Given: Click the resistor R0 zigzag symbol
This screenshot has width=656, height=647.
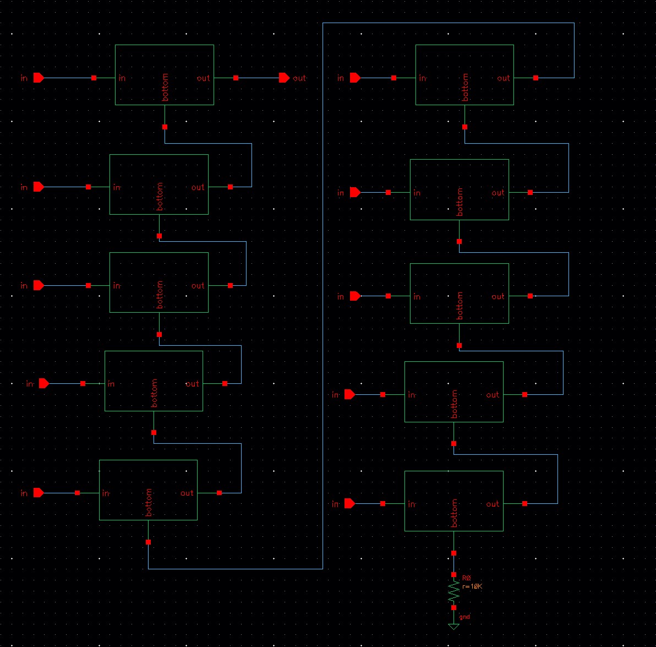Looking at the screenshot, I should coord(453,591).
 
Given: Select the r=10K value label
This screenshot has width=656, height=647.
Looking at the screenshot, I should coord(472,586).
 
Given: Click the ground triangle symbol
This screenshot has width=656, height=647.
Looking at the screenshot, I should coord(453,627).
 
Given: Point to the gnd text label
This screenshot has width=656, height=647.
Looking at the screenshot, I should coord(464,617).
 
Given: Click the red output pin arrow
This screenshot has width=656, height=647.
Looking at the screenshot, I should coord(283,78).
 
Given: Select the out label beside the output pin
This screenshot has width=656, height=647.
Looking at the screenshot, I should coord(299,78).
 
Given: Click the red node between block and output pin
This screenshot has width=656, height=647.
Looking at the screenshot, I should coord(236,78).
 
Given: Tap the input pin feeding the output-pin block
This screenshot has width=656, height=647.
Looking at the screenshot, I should coord(39,78).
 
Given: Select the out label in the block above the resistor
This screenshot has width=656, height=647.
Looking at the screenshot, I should coord(493,504).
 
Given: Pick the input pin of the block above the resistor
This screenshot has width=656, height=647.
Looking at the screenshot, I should coord(350,503).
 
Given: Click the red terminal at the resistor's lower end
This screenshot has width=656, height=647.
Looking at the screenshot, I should coord(453,607).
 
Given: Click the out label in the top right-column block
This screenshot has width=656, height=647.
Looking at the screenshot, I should coord(504,78).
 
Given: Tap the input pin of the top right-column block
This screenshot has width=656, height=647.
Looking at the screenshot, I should coord(356,78).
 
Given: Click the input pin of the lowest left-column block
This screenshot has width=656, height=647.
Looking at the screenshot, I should coord(39,493).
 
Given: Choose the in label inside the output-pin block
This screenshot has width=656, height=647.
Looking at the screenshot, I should coord(122,78).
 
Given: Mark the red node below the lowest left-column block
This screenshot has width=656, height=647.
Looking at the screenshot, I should coord(149,542).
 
